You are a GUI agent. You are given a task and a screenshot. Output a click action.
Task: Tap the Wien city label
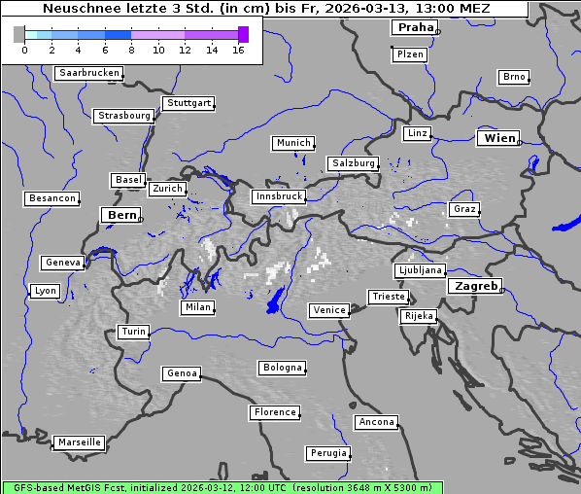point(499,139)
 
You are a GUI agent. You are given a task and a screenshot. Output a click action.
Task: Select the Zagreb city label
point(475,286)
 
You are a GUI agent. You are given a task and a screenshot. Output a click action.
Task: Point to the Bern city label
point(122,215)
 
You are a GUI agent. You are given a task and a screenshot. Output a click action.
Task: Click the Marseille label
point(79,442)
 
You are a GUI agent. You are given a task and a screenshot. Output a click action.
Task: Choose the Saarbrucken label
point(89,73)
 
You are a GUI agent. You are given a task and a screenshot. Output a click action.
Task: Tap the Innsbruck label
point(278,196)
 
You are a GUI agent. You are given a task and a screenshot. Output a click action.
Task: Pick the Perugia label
point(327,453)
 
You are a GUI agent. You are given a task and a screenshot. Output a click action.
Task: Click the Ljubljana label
point(420,270)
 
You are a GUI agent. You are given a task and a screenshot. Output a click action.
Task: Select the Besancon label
point(52,198)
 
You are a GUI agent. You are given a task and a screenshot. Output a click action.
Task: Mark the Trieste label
point(388,297)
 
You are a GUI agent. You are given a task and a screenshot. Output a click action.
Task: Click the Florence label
point(275,412)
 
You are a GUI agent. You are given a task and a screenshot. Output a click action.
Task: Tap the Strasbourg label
point(124,116)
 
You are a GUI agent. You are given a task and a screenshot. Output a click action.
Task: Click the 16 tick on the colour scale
point(238,50)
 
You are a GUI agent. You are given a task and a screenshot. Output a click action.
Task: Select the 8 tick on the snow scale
point(131,50)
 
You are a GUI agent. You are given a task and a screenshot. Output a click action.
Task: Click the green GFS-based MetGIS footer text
point(222,487)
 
